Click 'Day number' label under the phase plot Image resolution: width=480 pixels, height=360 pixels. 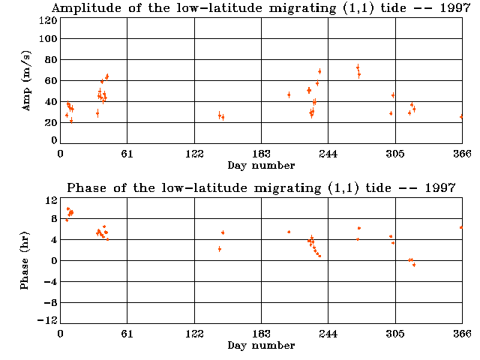point(261,346)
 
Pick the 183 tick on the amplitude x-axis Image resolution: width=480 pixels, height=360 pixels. point(262,154)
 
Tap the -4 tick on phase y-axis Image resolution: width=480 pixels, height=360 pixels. point(51,282)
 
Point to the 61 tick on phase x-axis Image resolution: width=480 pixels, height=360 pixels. point(127,335)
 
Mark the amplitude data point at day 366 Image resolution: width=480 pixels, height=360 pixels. point(461,117)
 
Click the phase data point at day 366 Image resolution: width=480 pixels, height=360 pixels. point(461,227)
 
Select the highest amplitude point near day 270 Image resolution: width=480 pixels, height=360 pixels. point(358,67)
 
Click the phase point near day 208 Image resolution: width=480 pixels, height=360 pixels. point(289,232)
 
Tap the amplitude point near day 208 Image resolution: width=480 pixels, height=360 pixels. point(289,94)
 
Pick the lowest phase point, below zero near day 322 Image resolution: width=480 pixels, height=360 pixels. point(414,265)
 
